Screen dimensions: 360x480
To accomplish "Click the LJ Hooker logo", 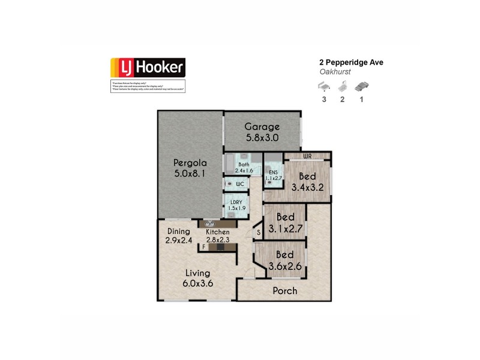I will pyautogui.click(x=148, y=68).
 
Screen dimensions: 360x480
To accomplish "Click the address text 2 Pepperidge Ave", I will pyautogui.click(x=350, y=62).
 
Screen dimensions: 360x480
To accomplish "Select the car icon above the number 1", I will pyautogui.click(x=361, y=87).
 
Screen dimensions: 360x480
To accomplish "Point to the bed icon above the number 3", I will pyautogui.click(x=324, y=87).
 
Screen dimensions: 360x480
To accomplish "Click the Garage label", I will pyautogui.click(x=262, y=127).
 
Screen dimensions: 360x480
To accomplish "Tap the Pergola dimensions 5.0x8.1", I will pyautogui.click(x=190, y=174).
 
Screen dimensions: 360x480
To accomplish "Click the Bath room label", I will pyautogui.click(x=244, y=164).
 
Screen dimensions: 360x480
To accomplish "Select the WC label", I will pyautogui.click(x=239, y=183).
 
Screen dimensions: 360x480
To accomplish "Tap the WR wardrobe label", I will pyautogui.click(x=307, y=156).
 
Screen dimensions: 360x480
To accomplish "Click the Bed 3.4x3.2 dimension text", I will pyautogui.click(x=307, y=187).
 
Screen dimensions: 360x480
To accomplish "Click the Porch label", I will pyautogui.click(x=285, y=291).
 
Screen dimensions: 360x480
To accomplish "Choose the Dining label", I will pyautogui.click(x=179, y=232).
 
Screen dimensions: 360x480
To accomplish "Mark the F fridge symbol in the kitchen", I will pyautogui.click(x=205, y=246).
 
